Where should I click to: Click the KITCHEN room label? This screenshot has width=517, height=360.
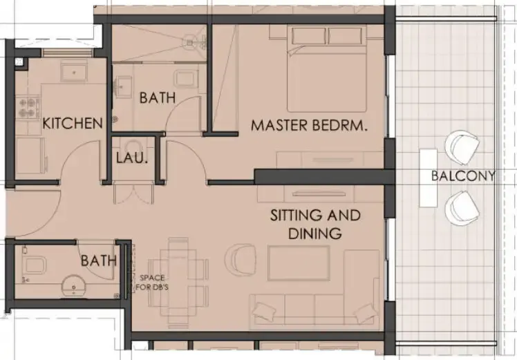coord(73,124)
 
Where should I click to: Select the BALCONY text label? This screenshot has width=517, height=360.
coord(462,176)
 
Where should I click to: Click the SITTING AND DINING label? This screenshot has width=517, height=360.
coord(315,224)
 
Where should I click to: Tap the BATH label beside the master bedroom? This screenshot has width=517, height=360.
coord(158,98)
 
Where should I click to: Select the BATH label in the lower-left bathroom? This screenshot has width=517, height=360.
coord(97,260)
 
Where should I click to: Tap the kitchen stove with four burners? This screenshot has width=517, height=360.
coord(28,106)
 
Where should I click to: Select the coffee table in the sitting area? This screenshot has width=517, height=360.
coord(298,263)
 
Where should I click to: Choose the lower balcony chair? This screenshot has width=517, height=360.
coord(460,207)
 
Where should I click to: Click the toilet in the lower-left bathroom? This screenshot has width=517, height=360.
coord(32,264)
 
